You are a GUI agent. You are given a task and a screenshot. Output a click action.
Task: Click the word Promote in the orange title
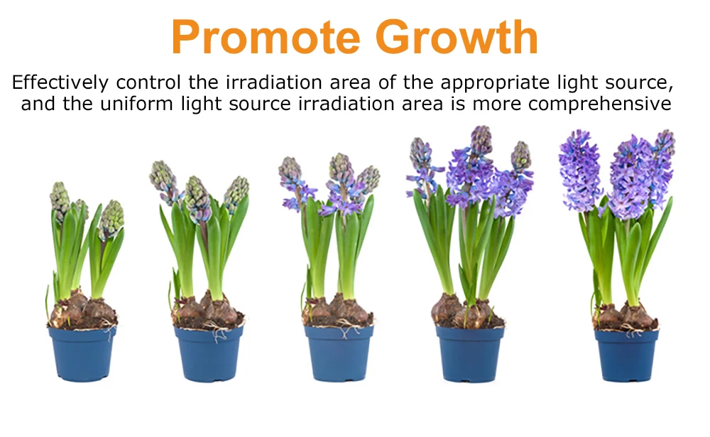pyautogui.click(x=266, y=37)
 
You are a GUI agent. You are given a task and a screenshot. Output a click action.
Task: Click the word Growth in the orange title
pyautogui.click(x=457, y=36)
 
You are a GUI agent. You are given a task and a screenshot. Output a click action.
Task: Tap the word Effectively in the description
pyautogui.click(x=60, y=82)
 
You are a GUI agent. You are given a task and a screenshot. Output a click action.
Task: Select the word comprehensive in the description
pyautogui.click(x=599, y=104)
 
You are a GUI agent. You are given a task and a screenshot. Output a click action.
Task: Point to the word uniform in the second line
pyautogui.click(x=136, y=104)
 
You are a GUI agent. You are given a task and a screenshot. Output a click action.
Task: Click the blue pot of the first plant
pyautogui.click(x=82, y=354)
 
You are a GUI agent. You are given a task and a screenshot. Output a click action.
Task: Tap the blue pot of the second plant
pyautogui.click(x=208, y=354)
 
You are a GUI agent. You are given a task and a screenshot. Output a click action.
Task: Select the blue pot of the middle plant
pyautogui.click(x=339, y=354)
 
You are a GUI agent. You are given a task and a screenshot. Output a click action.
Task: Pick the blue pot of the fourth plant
pyautogui.click(x=469, y=355)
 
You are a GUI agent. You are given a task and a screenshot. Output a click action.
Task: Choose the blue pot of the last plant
pyautogui.click(x=626, y=355)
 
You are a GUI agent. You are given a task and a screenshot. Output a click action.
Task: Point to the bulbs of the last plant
pyautogui.click(x=626, y=315)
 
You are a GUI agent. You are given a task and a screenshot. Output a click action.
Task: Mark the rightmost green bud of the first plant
pyautogui.click(x=111, y=220)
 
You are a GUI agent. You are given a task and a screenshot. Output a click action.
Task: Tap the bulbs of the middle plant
pyautogui.click(x=337, y=311)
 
